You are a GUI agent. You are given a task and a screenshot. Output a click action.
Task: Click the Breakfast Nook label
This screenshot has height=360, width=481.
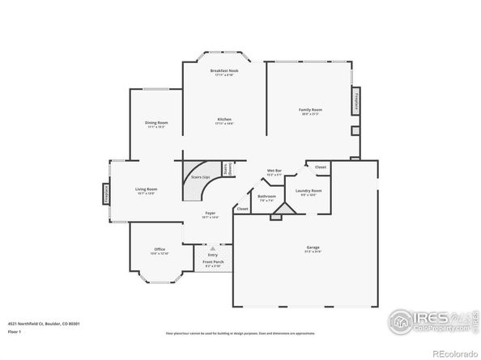click(x=224, y=71)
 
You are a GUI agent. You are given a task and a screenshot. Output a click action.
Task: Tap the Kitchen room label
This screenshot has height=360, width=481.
click(x=224, y=120)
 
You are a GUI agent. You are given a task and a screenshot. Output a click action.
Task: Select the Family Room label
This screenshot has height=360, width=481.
click(x=309, y=110)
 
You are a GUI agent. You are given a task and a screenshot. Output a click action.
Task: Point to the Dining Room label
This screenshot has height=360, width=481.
click(x=156, y=123)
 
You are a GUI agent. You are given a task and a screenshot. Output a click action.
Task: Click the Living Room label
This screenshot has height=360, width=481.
click(x=146, y=190)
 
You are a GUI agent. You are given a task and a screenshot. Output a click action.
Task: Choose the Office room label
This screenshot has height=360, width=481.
click(x=160, y=250)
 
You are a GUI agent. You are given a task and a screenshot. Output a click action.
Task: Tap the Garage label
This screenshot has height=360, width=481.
click(x=313, y=248)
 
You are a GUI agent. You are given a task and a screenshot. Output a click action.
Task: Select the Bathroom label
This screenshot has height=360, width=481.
click(x=267, y=197)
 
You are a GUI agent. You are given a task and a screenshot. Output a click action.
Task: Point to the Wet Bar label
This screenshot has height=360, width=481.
click(x=275, y=172)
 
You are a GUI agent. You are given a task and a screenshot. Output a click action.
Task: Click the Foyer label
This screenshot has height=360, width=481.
click(x=210, y=214)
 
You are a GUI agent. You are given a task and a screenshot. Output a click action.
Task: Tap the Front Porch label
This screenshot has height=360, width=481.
click(x=212, y=263)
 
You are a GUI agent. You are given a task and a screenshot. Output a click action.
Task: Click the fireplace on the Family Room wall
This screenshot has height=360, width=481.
click(x=355, y=103)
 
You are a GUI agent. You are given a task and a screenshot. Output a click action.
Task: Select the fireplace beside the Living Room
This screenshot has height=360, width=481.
click(x=105, y=193)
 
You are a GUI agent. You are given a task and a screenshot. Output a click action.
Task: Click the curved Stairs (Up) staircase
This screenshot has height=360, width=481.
click(x=197, y=185)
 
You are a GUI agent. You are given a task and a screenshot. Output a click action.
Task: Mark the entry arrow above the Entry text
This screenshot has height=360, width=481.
click(x=212, y=248)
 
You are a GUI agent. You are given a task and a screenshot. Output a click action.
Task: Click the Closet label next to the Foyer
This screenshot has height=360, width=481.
click(x=242, y=209)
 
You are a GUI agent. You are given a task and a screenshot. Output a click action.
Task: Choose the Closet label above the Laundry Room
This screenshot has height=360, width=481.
click(x=321, y=167)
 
